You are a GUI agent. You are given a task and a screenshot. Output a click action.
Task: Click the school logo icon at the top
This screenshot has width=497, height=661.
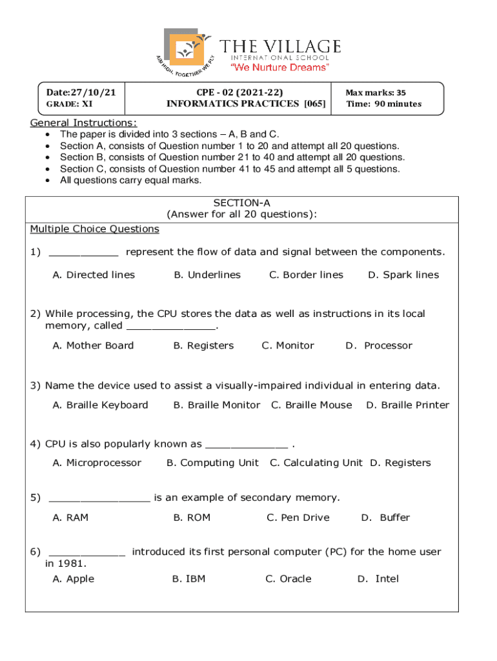(187, 52)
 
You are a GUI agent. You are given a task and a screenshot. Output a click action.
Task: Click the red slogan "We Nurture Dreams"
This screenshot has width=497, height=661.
(280, 67)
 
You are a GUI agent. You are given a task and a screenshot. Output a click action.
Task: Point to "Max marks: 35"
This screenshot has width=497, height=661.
(376, 93)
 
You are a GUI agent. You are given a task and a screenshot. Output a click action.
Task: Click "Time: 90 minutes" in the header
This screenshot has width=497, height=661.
(383, 104)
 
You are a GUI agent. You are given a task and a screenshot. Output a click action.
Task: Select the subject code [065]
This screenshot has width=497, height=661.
(314, 103)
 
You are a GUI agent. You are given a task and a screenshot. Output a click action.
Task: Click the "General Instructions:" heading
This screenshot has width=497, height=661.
(83, 123)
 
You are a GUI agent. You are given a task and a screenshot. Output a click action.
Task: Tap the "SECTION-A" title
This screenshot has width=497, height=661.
(241, 203)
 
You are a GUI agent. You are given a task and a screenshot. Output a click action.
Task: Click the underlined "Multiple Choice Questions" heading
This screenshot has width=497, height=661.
(94, 229)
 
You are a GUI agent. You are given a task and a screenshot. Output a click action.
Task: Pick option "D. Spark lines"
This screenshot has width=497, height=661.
(403, 275)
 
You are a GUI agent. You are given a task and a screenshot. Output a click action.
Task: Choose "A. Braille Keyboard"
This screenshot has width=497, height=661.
(100, 405)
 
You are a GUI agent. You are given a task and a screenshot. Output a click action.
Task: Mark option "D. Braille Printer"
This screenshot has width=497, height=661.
(407, 405)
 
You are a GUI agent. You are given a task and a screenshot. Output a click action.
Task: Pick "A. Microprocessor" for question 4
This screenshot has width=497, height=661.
(97, 463)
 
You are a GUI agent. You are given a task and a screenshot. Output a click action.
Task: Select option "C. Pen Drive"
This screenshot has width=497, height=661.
(298, 518)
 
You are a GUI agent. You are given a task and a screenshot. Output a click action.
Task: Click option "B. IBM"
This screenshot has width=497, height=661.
(188, 579)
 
